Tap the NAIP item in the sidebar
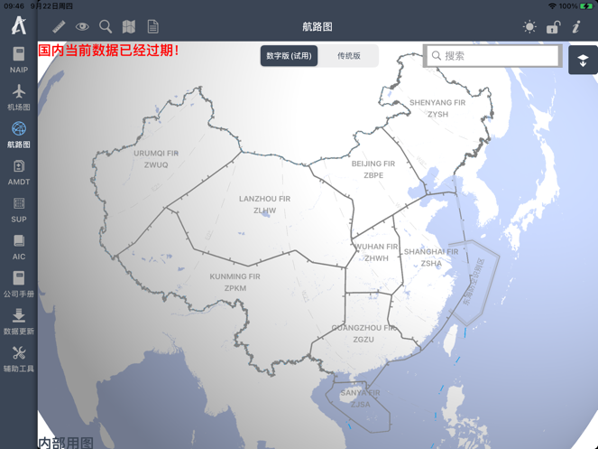click(18, 59)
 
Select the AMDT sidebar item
click(18, 171)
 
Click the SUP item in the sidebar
click(18, 209)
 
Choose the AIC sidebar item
click(18, 246)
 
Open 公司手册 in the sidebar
click(18, 284)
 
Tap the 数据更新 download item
click(18, 321)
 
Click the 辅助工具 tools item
click(18, 359)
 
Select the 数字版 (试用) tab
click(289, 56)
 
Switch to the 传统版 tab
click(349, 56)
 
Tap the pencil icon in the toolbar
click(59, 27)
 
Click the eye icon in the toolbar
click(82, 27)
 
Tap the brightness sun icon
click(529, 27)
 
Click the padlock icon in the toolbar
click(553, 27)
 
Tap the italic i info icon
click(576, 27)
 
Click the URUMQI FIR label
click(156, 158)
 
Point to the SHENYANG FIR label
click(437, 108)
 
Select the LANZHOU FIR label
click(264, 203)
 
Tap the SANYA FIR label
click(360, 398)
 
